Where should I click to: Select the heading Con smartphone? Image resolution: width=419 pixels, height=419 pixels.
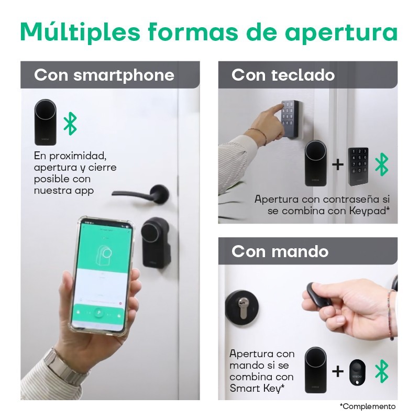104,75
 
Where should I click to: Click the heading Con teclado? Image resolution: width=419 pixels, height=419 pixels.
283,75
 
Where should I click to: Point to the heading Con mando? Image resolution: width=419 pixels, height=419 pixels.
280,251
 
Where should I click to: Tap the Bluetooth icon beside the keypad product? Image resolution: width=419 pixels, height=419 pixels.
383,164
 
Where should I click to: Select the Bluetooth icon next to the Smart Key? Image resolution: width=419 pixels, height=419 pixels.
383,371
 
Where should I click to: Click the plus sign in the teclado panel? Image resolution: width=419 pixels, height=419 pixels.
338,164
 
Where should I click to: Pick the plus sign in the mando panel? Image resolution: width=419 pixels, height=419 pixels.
338,371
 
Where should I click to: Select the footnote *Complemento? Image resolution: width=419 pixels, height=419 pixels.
367,406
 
